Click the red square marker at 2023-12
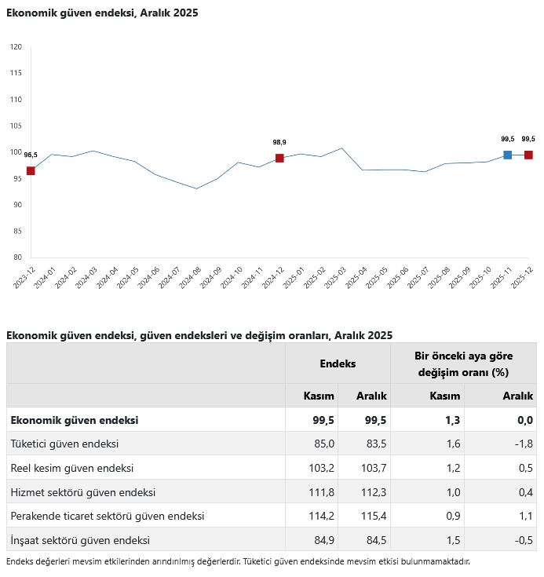[31, 171]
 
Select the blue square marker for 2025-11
[508, 155]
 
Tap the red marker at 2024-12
[279, 159]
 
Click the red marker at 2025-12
[528, 155]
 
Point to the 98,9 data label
[279, 142]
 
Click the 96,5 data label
[31, 155]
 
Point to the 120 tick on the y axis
[16, 47]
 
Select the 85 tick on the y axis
[16, 231]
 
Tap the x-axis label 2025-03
[336, 278]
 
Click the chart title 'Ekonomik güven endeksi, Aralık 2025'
[102, 13]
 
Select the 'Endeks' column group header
[338, 363]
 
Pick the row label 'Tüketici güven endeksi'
[64, 444]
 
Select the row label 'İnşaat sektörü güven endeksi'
[79, 540]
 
